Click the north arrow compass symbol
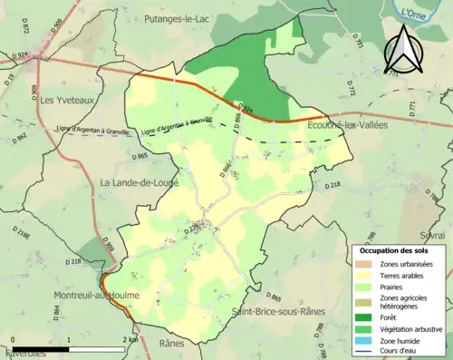(x=401, y=49)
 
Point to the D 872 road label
(x=26, y=29)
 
